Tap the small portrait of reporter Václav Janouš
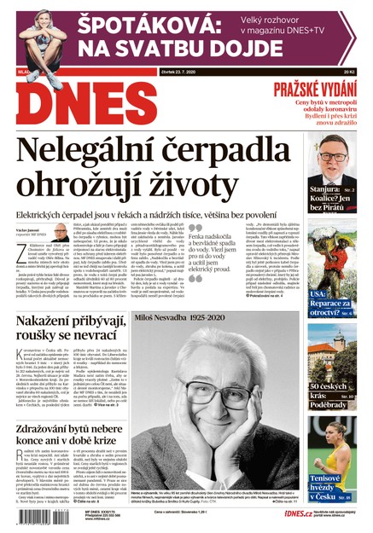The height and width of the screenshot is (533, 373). (61, 232)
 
